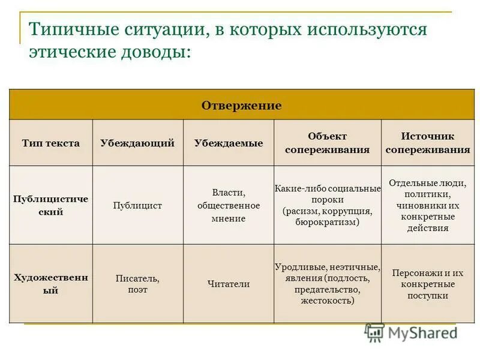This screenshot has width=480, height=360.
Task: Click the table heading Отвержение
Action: coord(241,106)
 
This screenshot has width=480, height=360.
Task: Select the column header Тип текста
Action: coord(50,143)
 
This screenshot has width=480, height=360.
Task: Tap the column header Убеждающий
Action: coord(137,143)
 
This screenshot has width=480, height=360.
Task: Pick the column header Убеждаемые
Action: coord(228,143)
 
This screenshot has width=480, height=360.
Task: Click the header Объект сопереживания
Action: coord(327,143)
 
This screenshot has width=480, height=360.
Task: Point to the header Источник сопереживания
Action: coord(427,143)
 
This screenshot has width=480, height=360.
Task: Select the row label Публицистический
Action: coord(50,205)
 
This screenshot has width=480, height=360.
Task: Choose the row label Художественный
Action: coord(50,284)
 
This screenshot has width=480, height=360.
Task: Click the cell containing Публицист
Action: coord(137,205)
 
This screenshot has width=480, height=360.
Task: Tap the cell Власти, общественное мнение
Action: coord(228,205)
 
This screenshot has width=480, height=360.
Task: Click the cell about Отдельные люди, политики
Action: coord(427,205)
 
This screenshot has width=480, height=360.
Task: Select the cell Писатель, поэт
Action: coord(137,284)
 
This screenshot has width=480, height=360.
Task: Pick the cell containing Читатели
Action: coord(228,284)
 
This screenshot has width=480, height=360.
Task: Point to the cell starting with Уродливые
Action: coord(327,284)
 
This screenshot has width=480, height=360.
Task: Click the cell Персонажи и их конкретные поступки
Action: coord(427,284)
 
